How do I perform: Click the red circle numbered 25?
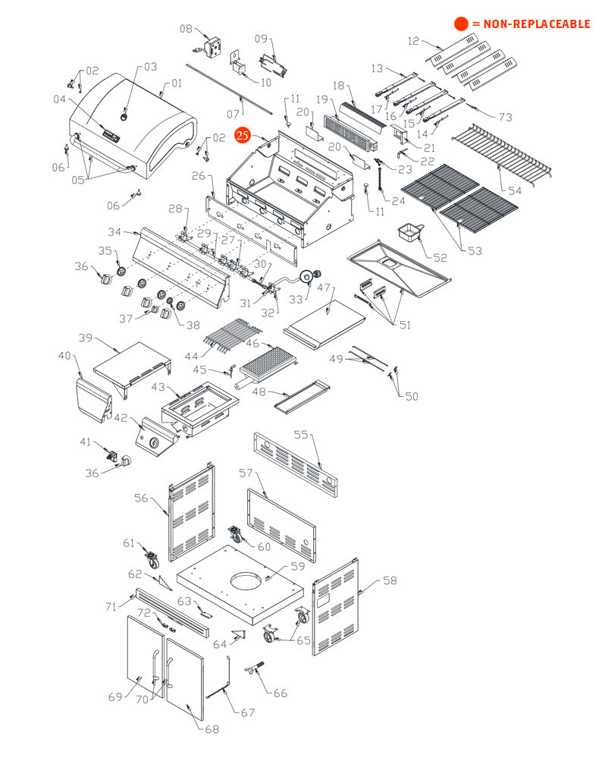coord(243,136)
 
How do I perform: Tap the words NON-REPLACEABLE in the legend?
coord(537,24)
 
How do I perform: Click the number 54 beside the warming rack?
coord(515,190)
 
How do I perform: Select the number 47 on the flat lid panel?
coord(324,288)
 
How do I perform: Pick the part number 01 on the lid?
coord(177,83)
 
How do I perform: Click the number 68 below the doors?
coord(212,729)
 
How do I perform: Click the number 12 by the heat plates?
coord(413,41)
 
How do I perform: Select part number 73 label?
coord(506,117)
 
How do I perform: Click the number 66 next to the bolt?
coord(281,693)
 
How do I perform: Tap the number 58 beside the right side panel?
coord(390,581)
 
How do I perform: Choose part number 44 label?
coord(193,357)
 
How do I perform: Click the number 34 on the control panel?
coord(114,231)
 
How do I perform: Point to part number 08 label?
coord(186,29)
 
